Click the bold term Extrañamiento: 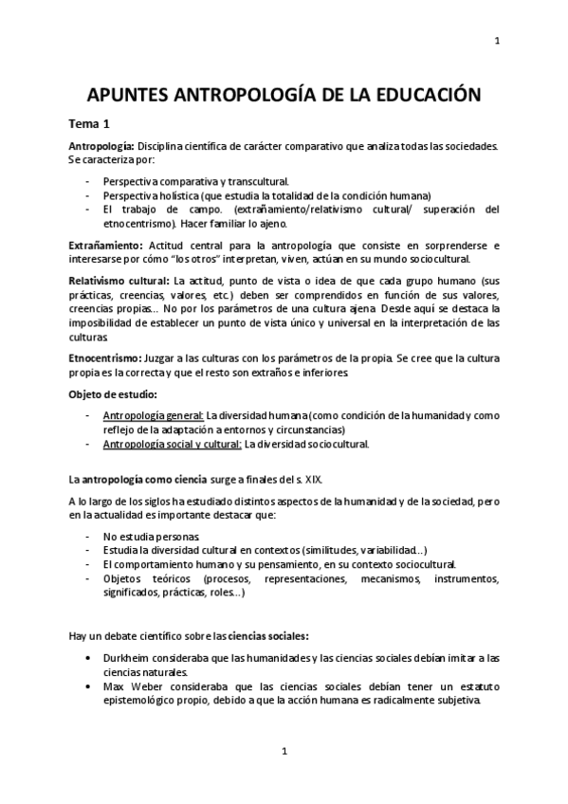click(x=105, y=246)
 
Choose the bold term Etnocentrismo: click(x=104, y=356)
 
